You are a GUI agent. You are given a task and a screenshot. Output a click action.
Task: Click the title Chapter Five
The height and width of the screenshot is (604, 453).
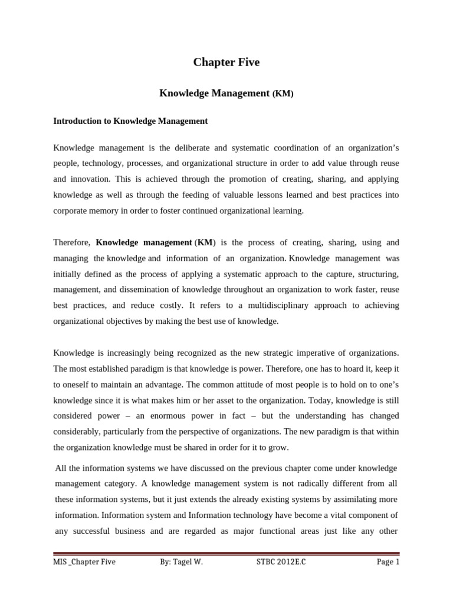click(x=226, y=63)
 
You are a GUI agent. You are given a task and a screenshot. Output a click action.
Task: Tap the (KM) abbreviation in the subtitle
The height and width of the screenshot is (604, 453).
click(x=283, y=94)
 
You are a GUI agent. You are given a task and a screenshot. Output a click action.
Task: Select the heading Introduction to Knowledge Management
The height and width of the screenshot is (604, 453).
click(x=130, y=121)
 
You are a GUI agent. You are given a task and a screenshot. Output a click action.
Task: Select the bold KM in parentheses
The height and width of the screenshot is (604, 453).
click(x=205, y=242)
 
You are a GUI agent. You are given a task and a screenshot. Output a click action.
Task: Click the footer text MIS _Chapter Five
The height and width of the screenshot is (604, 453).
click(x=84, y=562)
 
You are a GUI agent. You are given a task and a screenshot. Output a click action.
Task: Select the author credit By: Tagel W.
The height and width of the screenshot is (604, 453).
click(x=181, y=562)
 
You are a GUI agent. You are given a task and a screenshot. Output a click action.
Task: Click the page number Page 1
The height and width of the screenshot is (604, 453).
click(x=388, y=562)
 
